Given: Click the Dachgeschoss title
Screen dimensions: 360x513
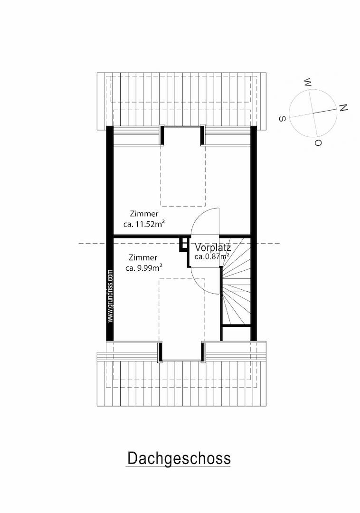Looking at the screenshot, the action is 179,458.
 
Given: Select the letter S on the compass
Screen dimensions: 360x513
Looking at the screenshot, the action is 282,119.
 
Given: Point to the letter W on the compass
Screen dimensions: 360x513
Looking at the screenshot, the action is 308,82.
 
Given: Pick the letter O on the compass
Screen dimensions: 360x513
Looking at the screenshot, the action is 318,142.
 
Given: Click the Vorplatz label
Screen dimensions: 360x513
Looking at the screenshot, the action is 213,247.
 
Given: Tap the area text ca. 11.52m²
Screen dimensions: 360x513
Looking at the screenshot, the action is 144,224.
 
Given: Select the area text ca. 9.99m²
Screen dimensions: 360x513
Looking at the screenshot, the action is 144,268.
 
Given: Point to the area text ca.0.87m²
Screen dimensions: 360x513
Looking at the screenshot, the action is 211,256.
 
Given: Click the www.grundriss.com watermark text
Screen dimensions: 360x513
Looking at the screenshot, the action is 110,296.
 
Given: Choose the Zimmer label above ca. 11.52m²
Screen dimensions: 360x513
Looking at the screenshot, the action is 144,214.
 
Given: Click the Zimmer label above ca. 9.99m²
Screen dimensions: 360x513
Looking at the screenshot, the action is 143,257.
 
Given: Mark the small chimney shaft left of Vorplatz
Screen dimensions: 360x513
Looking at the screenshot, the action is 184,244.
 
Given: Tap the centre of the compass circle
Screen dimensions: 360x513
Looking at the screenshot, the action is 313,113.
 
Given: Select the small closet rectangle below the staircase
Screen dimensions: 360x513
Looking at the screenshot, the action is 237,334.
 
